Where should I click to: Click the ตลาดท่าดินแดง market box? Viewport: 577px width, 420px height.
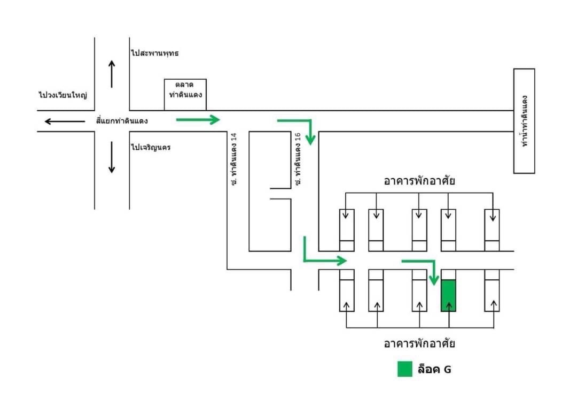point(185,94)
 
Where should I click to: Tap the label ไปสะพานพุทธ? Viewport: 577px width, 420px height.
point(155,53)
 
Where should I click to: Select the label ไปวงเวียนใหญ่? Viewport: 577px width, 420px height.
point(63,95)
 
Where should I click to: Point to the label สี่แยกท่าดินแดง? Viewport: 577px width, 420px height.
point(122,121)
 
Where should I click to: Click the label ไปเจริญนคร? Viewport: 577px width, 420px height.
point(151,147)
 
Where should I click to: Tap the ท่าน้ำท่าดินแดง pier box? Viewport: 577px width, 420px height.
point(524,121)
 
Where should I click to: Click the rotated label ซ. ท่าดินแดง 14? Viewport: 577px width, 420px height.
point(234,159)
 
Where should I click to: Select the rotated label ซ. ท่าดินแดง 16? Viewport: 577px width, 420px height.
point(298,159)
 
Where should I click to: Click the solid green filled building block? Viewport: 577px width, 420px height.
point(448,295)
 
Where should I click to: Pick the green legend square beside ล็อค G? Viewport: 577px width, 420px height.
point(405,369)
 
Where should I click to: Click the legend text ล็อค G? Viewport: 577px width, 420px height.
point(434,369)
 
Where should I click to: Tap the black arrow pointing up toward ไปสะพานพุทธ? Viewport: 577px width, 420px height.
point(112,74)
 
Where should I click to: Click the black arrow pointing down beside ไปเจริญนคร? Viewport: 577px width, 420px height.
point(112,157)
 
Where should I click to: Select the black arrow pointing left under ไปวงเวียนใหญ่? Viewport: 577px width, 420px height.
point(65,121)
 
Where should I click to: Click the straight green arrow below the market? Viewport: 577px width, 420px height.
point(198,120)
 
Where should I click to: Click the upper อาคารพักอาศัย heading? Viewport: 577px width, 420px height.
point(419,181)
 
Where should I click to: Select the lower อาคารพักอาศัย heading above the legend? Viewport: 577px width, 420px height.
point(419,343)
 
